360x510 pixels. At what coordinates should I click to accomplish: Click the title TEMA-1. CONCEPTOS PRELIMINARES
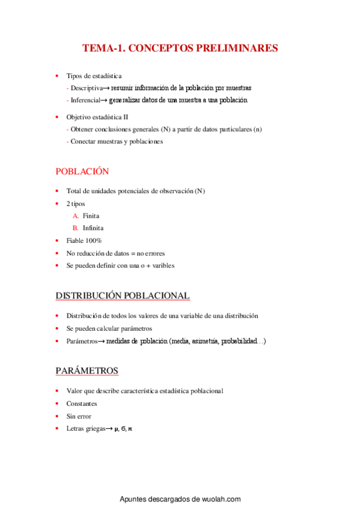(180, 48)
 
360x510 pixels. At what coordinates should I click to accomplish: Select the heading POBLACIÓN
(82, 171)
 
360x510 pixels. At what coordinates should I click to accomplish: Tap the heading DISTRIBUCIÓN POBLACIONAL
(123, 296)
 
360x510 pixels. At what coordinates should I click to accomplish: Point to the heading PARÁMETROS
(87, 370)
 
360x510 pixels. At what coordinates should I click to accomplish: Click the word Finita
(91, 216)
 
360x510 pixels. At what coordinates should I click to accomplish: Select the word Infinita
(93, 229)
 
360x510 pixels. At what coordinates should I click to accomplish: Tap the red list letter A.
(76, 216)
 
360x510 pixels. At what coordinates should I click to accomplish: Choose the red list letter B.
(76, 229)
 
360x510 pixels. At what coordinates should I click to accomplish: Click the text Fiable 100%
(84, 241)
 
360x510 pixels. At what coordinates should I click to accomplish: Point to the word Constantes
(82, 404)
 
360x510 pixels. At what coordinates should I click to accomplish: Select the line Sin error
(80, 416)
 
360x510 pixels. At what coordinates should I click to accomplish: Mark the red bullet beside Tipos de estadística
(57, 76)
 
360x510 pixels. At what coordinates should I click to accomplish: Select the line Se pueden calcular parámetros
(109, 329)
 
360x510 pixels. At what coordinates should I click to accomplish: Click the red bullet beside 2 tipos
(57, 204)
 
